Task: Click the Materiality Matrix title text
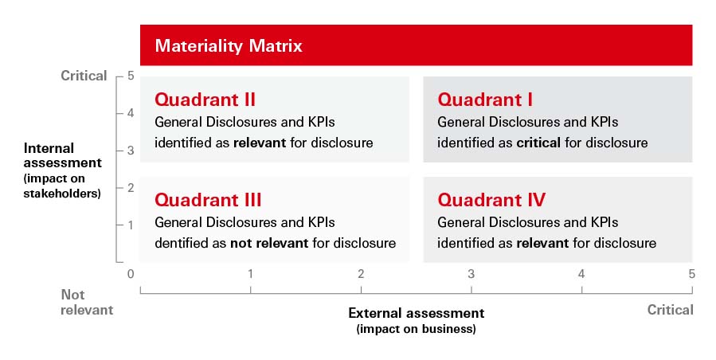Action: point(229,45)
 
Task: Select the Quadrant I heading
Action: point(485,100)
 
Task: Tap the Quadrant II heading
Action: point(205,100)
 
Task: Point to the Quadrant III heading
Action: point(208,200)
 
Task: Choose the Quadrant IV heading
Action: point(491,200)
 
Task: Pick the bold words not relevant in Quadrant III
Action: point(268,243)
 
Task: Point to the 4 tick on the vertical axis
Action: point(130,113)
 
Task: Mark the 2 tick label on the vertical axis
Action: point(130,187)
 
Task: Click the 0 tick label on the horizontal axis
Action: point(131,274)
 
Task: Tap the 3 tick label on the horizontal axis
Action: point(471,274)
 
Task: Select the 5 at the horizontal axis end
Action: point(691,274)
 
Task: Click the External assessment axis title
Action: point(416,313)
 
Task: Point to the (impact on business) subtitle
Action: point(416,329)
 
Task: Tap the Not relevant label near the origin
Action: point(87,302)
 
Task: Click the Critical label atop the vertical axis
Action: point(84,76)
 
